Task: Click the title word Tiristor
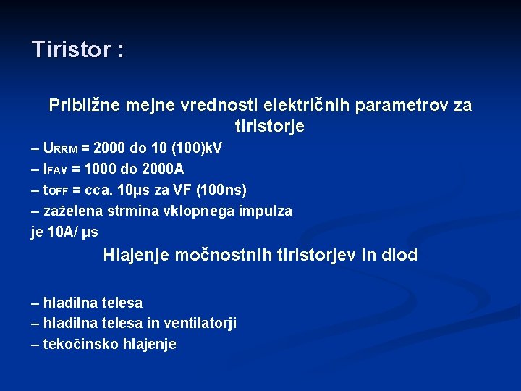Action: pos(71,49)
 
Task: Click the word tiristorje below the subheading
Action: pos(270,127)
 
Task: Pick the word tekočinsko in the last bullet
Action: pos(77,344)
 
